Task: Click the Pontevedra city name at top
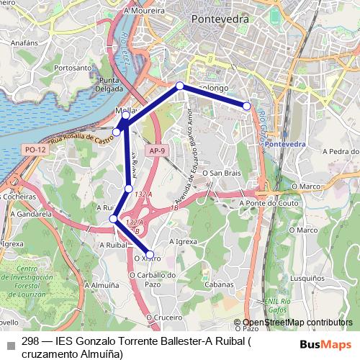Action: (220, 20)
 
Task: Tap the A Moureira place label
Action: (144, 11)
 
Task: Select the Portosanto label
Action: (73, 68)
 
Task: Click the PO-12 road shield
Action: (35, 149)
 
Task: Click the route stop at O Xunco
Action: (150, 254)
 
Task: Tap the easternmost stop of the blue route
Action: (246, 106)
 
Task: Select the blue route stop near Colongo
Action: (180, 86)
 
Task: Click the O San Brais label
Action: (220, 174)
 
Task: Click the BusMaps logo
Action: (326, 344)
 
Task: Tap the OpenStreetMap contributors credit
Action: (297, 323)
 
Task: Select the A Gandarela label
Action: (31, 214)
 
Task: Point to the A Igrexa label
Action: (183, 242)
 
